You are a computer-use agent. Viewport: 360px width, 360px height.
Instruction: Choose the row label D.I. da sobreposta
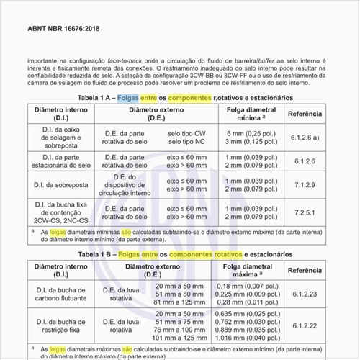[x=61, y=185]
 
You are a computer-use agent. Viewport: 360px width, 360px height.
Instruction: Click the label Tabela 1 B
[x=98, y=254]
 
